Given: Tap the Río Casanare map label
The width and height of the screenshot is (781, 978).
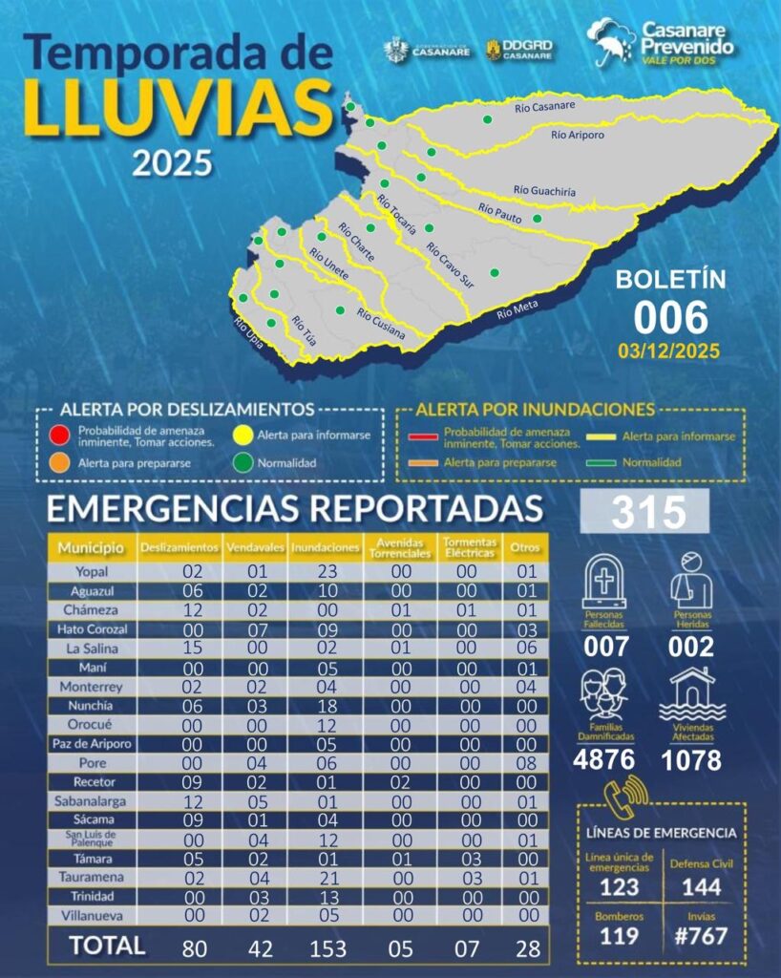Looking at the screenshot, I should [544, 107].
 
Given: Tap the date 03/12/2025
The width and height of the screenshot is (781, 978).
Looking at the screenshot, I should [670, 350].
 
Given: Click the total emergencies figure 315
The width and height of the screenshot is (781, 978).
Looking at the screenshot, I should [648, 512].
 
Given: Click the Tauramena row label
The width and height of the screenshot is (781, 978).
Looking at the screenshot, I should [92, 878].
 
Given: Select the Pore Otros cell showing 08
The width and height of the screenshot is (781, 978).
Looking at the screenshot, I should [525, 764].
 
